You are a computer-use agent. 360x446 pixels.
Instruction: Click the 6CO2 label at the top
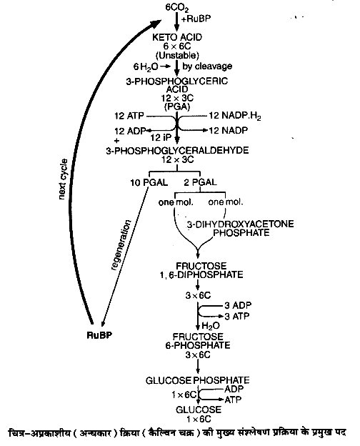tap(176, 8)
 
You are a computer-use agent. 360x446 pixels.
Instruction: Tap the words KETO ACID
tap(177, 37)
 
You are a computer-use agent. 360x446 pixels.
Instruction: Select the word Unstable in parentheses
tap(177, 55)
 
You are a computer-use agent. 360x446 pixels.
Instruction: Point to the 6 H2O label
tap(145, 67)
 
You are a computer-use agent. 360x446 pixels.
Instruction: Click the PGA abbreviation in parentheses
tap(177, 106)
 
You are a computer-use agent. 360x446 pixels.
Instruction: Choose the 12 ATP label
tap(129, 116)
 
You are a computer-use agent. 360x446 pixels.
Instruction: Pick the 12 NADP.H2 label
tap(235, 116)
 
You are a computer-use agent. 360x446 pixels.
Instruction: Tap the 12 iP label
tap(161, 138)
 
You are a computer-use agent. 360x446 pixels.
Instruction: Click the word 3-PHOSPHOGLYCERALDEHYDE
tap(177, 150)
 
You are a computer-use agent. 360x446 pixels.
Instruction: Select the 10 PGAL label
tap(149, 182)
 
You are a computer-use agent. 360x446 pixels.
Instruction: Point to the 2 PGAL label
tap(200, 182)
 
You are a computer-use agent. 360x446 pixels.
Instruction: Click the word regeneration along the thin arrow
tap(121, 244)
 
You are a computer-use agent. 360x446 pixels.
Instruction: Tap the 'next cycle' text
tap(63, 179)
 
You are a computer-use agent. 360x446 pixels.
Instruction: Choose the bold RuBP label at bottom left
tap(99, 335)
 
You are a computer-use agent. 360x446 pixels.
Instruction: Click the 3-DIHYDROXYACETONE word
tap(240, 224)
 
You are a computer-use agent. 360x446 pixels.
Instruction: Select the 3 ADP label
tap(238, 305)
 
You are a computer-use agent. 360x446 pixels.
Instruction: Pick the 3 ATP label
tap(237, 316)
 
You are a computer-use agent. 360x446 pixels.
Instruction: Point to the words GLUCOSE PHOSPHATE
tap(197, 380)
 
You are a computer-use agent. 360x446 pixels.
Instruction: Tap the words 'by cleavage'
tap(207, 66)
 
